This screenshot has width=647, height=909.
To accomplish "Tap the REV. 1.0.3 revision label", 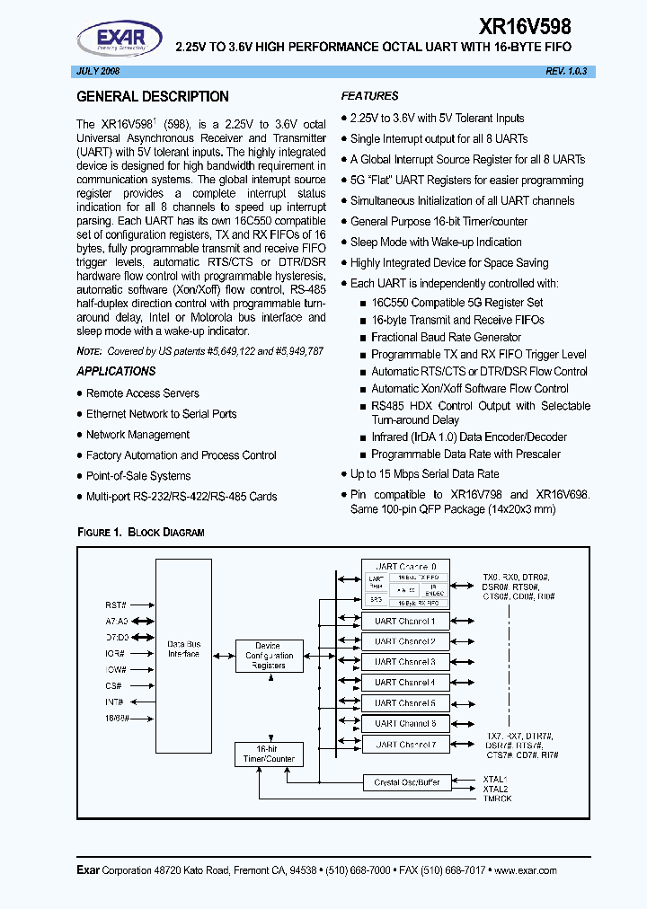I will pos(545,71).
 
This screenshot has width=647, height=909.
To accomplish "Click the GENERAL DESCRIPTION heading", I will pos(153,97).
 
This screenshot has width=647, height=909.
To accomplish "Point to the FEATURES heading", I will pos(369,96).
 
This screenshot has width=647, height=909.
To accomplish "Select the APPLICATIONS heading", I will pos(116,371).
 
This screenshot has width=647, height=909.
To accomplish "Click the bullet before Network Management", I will pos(79,435).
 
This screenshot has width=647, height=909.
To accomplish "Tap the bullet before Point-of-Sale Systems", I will pos(79,476).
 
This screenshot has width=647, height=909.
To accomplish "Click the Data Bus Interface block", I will pos(183,649).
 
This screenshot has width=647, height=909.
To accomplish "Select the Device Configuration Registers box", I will pos(268,656).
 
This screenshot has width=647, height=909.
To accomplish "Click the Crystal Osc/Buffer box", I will pos(406,782).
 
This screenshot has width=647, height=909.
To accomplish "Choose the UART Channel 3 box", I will pos(404,662).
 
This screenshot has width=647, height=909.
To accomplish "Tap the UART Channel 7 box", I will pos(404,744).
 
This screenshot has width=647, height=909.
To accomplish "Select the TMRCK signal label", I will pos(497,799).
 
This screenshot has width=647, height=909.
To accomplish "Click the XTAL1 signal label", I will pos(495,780).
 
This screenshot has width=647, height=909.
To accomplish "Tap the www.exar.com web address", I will pos(526,870).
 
